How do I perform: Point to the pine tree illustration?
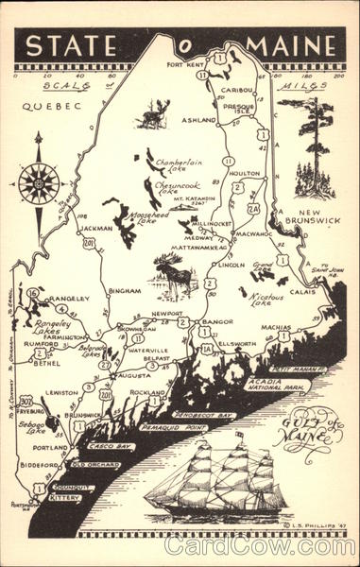pos(315,151)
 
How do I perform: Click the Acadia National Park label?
pos(274,383)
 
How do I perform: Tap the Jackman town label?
pos(96,228)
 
